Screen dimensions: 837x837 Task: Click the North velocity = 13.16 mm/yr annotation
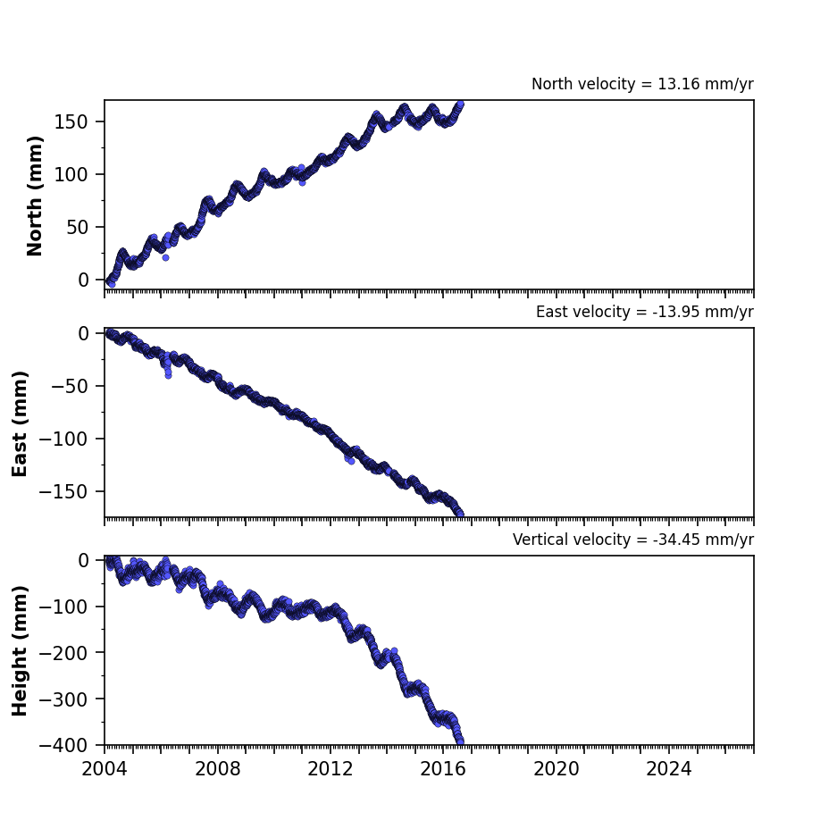[x=642, y=84]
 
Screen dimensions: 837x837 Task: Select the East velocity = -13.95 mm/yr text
[x=644, y=312]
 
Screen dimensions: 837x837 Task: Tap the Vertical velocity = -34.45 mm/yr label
[x=633, y=540]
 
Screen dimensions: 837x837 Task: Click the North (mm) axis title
[x=35, y=196]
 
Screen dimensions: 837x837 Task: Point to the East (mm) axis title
[x=20, y=423]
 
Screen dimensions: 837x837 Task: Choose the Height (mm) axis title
[x=20, y=650]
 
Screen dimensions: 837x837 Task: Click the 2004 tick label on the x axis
[x=105, y=769]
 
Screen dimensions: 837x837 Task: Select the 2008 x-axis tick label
[x=217, y=769]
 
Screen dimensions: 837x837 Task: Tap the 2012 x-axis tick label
[x=331, y=769]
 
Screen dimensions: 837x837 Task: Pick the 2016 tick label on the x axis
[x=443, y=769]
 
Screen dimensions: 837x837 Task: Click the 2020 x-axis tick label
[x=557, y=769]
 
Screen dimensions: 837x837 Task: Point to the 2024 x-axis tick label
[x=669, y=769]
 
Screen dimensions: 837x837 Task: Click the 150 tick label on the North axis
[x=71, y=122]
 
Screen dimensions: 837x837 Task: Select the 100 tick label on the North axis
[x=71, y=174]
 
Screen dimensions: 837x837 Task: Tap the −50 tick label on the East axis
[x=70, y=386]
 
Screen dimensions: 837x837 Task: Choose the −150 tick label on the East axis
[x=63, y=491]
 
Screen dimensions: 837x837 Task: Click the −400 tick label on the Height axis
[x=63, y=745]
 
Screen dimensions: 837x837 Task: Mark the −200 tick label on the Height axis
[x=63, y=653]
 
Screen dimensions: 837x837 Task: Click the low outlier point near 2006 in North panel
[x=165, y=258]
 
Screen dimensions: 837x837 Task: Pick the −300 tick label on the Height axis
[x=63, y=699]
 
